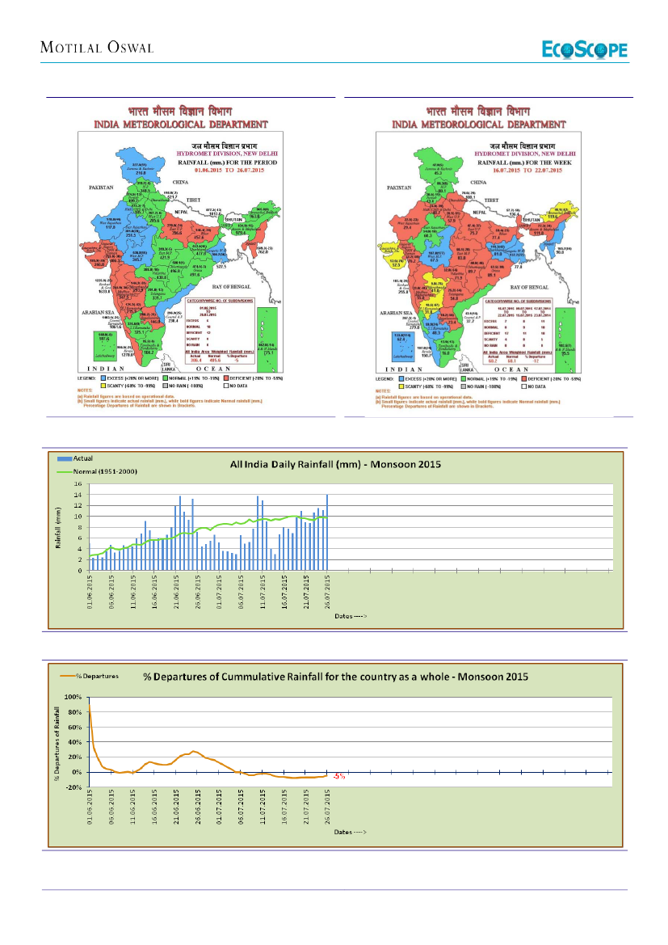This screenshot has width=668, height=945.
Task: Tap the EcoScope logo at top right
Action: pos(583,49)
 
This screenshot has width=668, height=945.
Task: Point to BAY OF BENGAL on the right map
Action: pos(528,286)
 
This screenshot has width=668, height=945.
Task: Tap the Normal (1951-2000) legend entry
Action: pos(90,470)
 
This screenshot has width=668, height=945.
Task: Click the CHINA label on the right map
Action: pos(478,184)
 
